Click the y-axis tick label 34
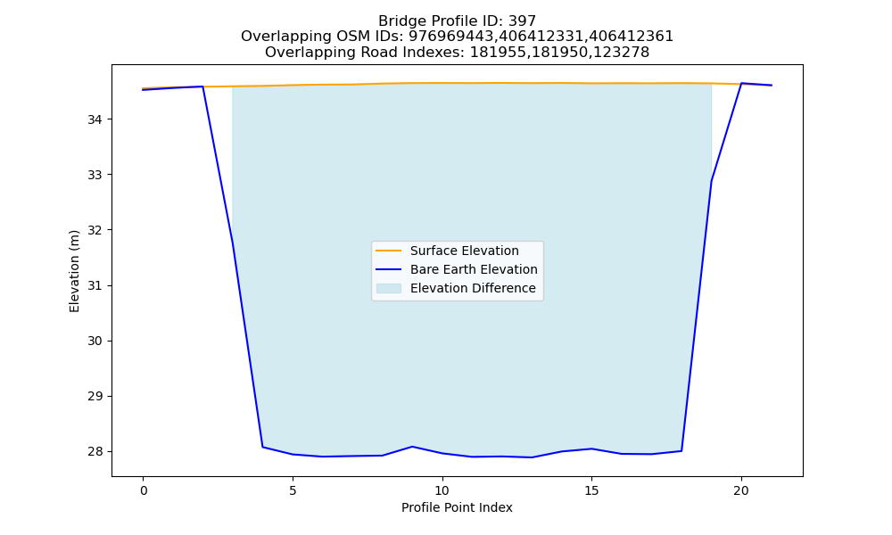95,119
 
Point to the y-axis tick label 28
95,451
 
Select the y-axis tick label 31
95,285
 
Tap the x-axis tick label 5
293,490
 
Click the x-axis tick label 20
741,490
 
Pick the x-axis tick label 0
144,490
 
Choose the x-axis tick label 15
591,490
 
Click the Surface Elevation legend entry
464,251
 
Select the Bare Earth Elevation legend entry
474,269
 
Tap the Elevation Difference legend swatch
389,288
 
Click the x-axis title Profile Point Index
457,507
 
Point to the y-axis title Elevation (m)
75,271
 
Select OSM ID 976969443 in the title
451,37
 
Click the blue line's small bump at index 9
412,447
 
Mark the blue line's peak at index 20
741,84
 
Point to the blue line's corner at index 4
262,447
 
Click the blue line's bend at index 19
711,181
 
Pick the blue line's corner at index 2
202,86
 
